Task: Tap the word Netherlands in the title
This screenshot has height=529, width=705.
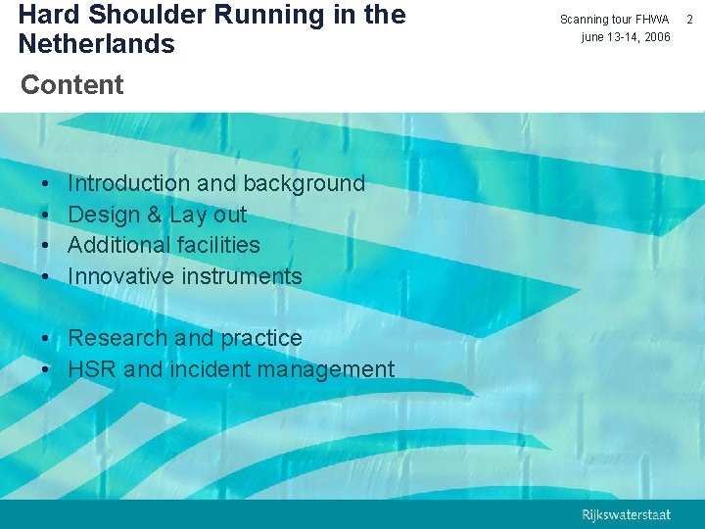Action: click(x=96, y=45)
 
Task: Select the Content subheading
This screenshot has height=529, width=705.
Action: click(x=72, y=85)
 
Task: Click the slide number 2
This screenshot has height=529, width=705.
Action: click(x=691, y=20)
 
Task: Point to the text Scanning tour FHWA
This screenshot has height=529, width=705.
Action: click(x=614, y=20)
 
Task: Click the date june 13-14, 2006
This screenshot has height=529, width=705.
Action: click(x=626, y=37)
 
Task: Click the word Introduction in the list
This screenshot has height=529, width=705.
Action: click(x=128, y=183)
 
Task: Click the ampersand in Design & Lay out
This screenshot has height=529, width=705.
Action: click(x=154, y=215)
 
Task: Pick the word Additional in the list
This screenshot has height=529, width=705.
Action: click(x=115, y=245)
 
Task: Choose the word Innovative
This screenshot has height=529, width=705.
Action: click(x=115, y=276)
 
